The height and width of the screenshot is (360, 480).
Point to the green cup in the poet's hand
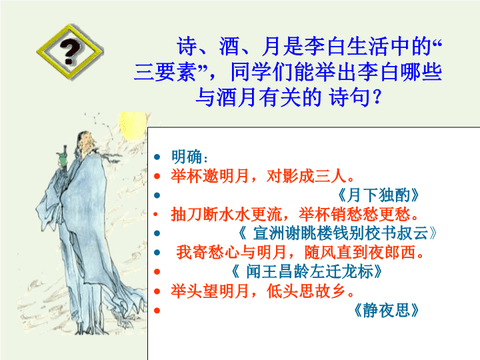[x=63, y=160]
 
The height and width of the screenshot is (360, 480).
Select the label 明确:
[x=190, y=157]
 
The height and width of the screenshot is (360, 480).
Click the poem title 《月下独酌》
[x=378, y=195]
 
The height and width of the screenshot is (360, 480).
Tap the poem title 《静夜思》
[x=386, y=311]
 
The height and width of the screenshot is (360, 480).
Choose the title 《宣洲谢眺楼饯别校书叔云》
[x=337, y=233]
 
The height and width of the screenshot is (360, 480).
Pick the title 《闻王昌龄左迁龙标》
[x=306, y=271]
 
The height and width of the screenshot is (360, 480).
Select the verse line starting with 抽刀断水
[x=295, y=214]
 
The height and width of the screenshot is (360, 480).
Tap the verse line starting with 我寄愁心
[x=300, y=253]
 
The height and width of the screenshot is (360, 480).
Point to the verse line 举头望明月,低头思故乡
[x=263, y=291]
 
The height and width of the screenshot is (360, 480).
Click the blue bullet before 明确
[x=157, y=157]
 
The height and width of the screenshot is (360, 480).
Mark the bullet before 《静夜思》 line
[x=157, y=311]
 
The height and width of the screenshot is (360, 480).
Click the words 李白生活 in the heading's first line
[x=346, y=47]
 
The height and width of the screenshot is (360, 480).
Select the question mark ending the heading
[x=376, y=97]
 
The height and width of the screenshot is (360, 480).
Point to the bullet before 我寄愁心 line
[x=157, y=253]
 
